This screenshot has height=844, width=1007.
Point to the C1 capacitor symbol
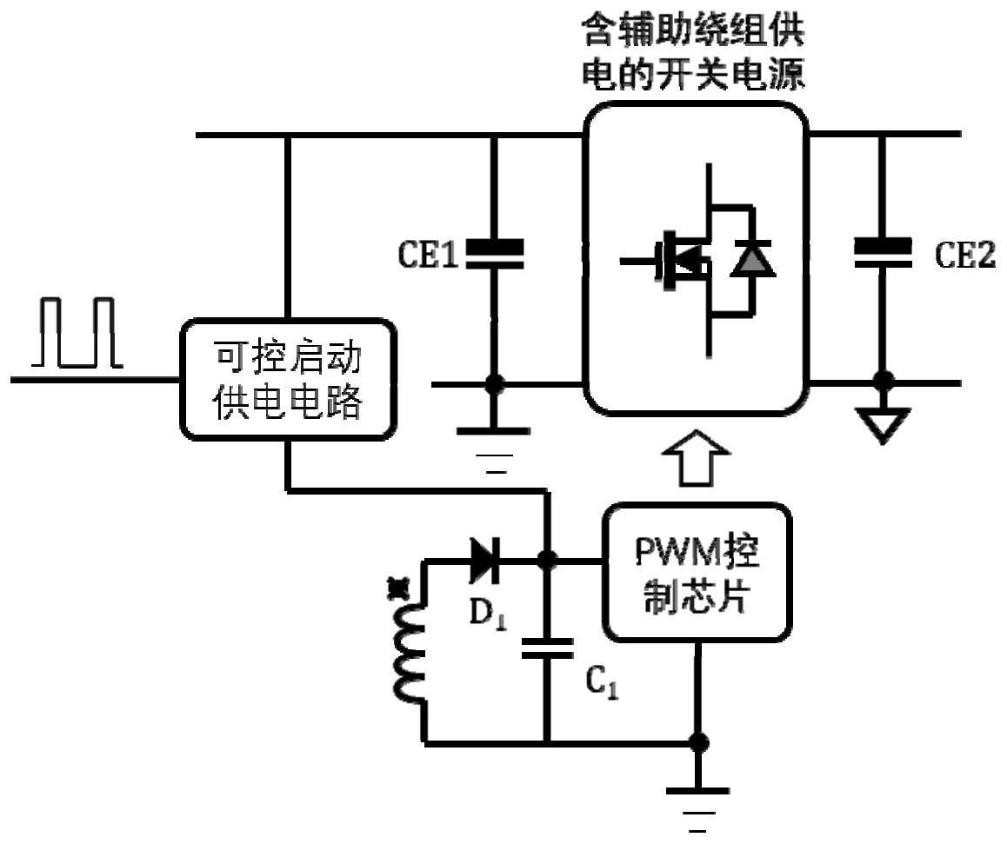[547, 648]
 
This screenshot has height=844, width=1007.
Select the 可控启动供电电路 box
[288, 380]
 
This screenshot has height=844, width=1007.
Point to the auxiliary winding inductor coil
[407, 651]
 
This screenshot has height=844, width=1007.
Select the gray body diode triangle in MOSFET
[752, 259]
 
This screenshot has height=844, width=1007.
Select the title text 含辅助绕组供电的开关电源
[693, 53]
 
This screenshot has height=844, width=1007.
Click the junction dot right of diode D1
[547, 561]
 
